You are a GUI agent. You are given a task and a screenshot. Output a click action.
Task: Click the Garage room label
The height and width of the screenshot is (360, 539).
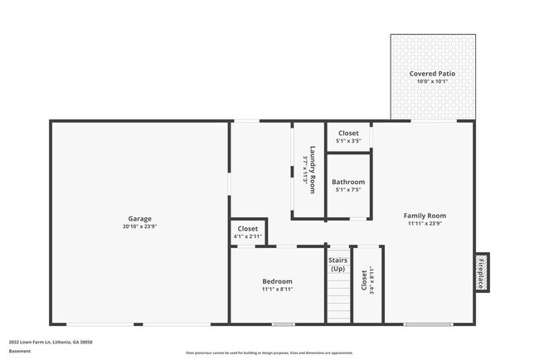(138, 218)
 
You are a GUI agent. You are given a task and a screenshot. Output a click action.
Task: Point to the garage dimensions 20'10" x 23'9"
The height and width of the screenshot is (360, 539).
(138, 226)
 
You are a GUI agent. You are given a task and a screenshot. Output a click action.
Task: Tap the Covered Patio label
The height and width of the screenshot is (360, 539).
(432, 74)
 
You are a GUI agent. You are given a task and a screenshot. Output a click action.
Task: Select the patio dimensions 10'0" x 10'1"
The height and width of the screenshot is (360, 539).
(432, 82)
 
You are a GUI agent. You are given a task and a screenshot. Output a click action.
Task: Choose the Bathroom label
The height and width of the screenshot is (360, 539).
(347, 182)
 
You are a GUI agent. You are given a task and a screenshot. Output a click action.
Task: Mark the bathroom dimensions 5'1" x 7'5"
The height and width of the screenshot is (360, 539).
(347, 190)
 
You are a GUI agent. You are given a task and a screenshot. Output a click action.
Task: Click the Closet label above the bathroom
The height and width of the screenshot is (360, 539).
(347, 133)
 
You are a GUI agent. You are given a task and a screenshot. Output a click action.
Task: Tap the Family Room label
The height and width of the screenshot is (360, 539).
(425, 215)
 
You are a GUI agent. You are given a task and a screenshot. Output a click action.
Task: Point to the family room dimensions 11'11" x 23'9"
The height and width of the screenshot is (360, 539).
(425, 223)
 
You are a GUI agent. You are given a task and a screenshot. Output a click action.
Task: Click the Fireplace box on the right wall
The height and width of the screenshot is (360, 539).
(480, 272)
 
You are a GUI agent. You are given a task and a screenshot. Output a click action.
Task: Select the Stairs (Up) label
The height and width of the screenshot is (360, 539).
(337, 265)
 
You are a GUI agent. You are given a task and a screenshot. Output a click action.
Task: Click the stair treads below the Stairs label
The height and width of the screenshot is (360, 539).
(337, 300)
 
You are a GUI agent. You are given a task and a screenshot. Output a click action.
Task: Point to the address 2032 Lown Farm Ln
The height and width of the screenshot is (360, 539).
(51, 342)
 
